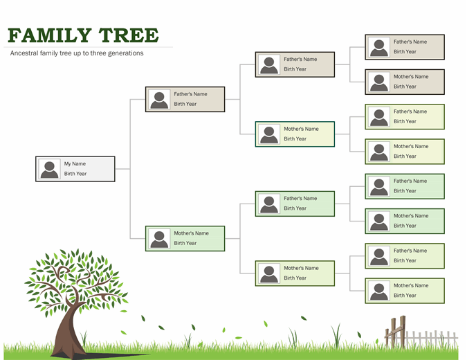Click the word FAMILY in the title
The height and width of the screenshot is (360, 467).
[x=50, y=35]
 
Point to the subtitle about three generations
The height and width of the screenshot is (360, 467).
[x=77, y=53]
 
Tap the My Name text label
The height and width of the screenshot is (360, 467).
[x=75, y=164]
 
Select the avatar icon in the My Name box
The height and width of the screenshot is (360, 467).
[x=49, y=169]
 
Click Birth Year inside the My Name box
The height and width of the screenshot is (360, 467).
[x=75, y=174]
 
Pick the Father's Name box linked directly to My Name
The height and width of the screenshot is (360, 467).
[x=185, y=99]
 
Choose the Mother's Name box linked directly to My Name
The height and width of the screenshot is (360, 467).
[x=185, y=238]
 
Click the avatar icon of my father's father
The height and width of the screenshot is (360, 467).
[x=269, y=64]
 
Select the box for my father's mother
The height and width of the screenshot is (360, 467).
[x=295, y=134]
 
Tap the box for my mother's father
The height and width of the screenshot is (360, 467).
[x=295, y=204]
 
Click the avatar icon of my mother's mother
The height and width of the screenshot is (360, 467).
[x=269, y=273]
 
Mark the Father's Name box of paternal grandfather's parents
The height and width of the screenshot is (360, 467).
[x=405, y=47]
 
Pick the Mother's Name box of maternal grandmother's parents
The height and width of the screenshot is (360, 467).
[x=405, y=291]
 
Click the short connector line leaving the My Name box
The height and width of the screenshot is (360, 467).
[x=122, y=169]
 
